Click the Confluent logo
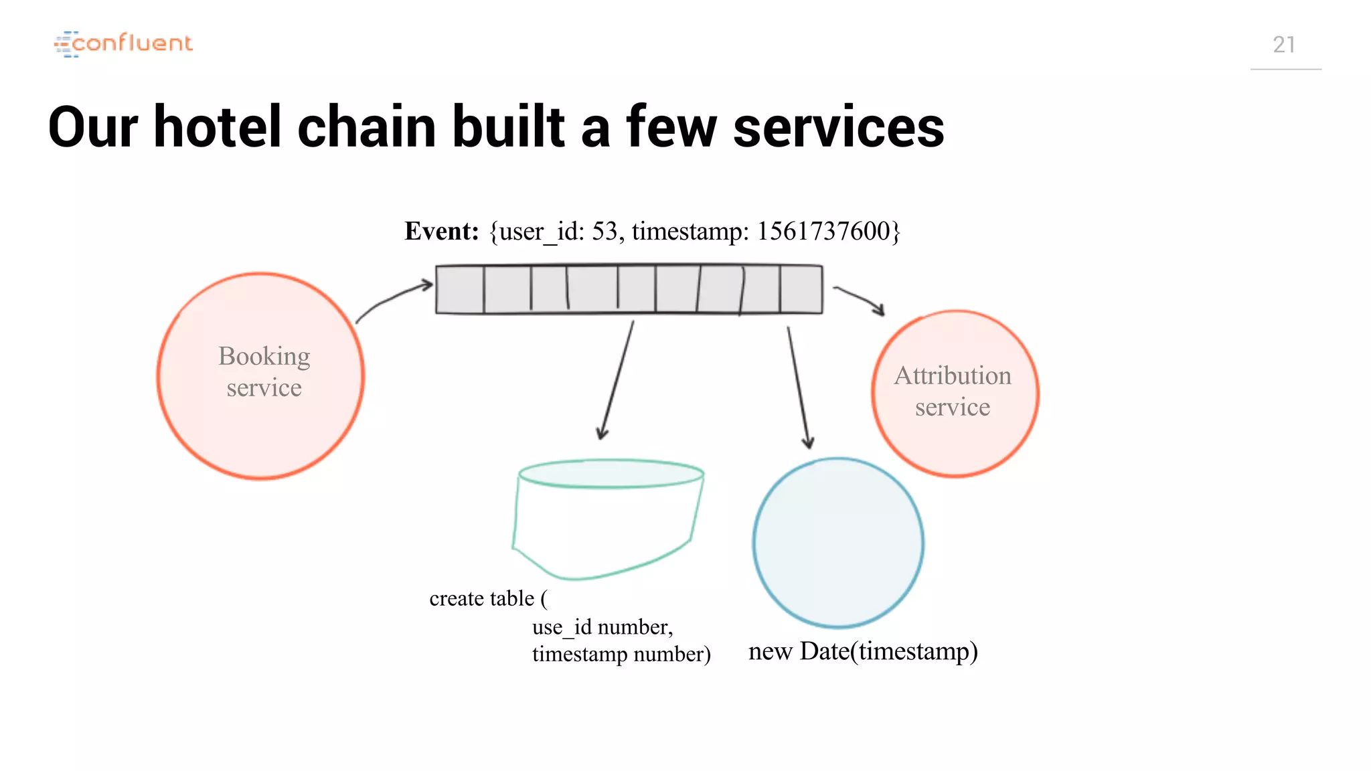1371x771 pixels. click(123, 44)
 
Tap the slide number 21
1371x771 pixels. click(1283, 45)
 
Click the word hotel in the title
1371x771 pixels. click(217, 127)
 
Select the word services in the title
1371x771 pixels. click(838, 127)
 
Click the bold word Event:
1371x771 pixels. click(441, 232)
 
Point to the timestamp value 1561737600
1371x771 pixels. click(823, 232)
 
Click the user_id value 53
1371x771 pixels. click(604, 232)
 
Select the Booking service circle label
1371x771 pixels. click(264, 372)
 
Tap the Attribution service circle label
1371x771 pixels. click(953, 392)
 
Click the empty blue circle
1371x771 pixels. click(837, 542)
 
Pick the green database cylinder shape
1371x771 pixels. click(608, 519)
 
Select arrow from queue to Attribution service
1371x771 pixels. click(860, 299)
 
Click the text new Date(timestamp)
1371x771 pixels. click(862, 651)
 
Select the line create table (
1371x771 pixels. click(488, 598)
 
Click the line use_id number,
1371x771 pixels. click(602, 627)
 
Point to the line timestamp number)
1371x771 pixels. click(621, 654)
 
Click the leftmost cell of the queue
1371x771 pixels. click(460, 290)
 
